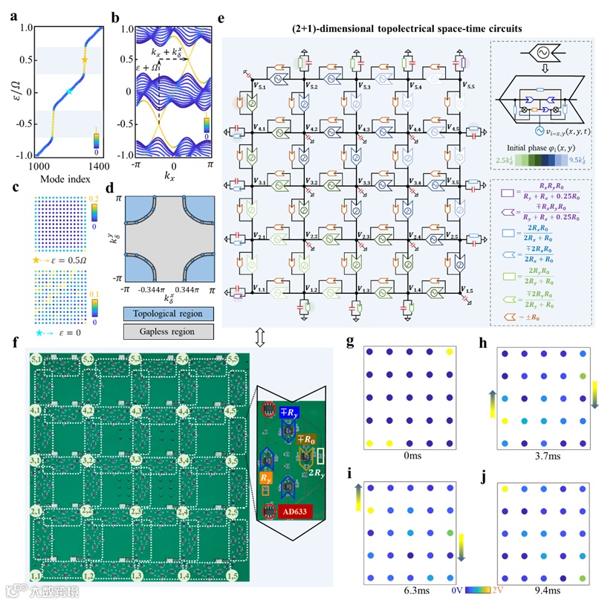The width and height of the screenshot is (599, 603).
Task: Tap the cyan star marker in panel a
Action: [x=69, y=91]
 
